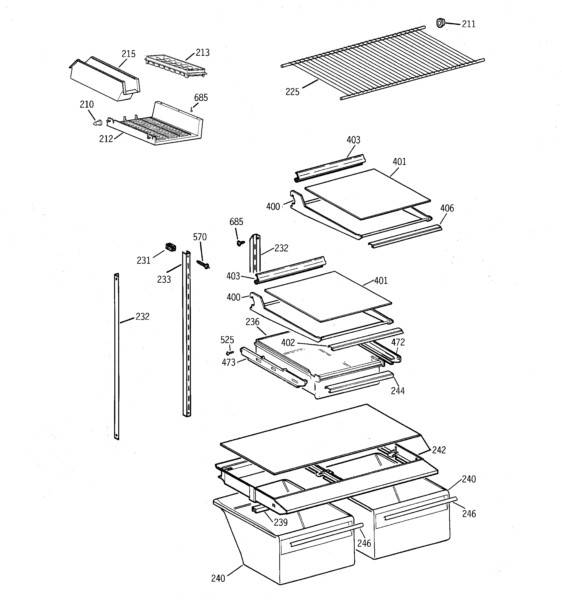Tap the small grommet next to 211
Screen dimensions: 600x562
[x=441, y=23]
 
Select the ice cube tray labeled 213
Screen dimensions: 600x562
[x=176, y=66]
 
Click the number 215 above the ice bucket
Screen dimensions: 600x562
[x=128, y=54]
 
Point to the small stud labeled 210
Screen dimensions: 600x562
[x=97, y=122]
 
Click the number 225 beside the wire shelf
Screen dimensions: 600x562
[x=292, y=92]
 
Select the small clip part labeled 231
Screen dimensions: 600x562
[x=171, y=247]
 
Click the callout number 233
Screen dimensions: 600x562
[x=164, y=280]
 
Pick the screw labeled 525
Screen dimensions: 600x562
[x=230, y=352]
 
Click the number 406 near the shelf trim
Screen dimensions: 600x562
[x=447, y=208]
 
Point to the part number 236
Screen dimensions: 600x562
[x=252, y=322]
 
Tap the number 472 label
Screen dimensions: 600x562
[x=398, y=342]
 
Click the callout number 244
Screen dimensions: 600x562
[x=398, y=391]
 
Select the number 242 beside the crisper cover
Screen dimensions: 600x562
[x=439, y=450]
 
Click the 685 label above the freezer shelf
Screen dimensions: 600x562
[x=201, y=97]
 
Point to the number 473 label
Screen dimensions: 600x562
[x=228, y=362]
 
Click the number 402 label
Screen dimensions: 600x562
[x=288, y=343]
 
